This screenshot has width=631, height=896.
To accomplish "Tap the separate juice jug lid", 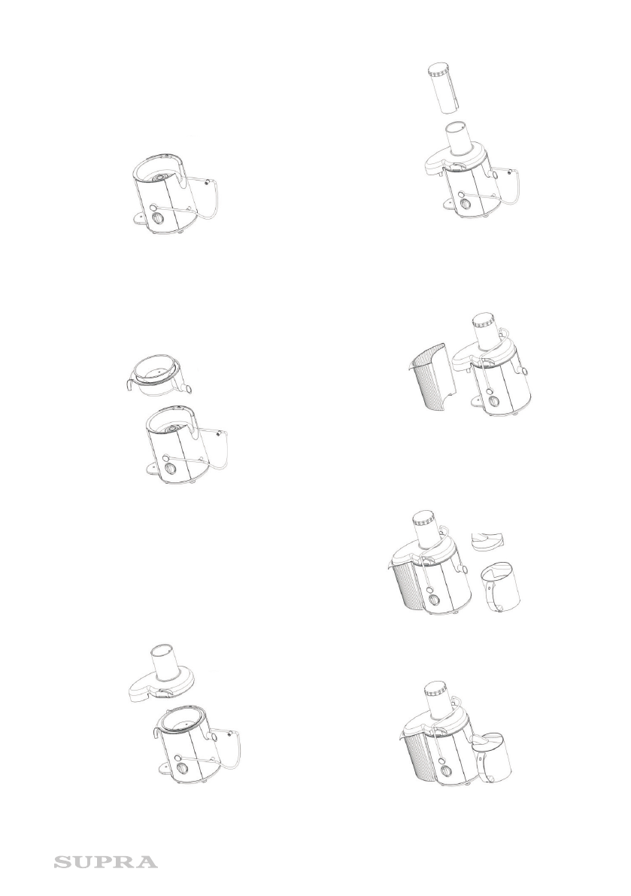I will pos(487,539).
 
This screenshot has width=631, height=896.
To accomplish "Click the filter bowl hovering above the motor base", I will pos(158,375).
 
